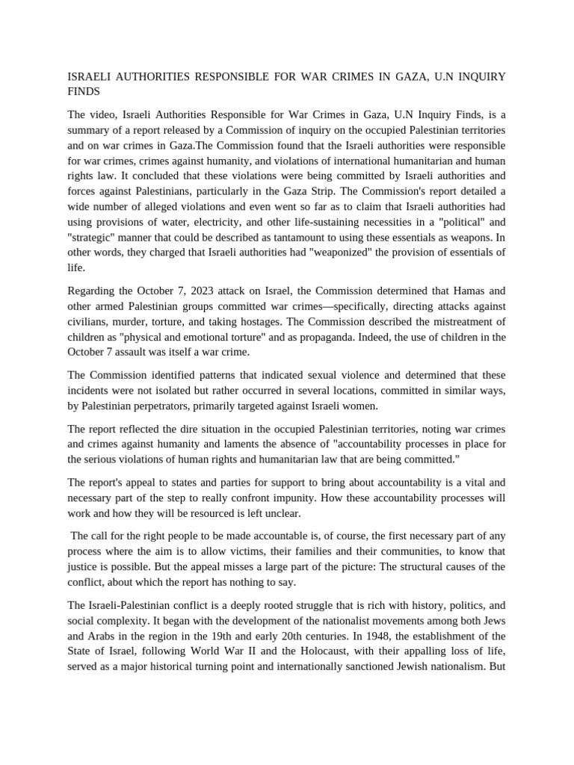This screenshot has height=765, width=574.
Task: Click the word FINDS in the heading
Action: [84, 91]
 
